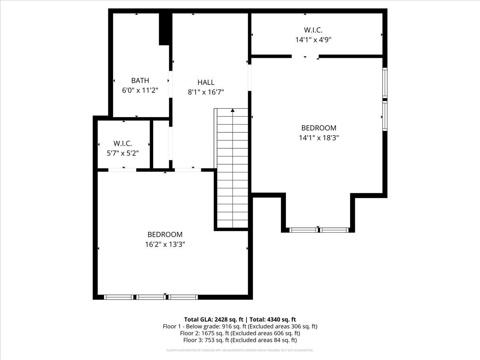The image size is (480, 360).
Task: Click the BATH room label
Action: (140, 81)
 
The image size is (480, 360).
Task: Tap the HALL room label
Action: (206, 82)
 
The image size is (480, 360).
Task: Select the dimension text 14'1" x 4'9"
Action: (313, 40)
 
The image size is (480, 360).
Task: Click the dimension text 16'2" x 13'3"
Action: (165, 244)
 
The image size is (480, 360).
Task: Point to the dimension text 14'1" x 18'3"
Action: (318, 138)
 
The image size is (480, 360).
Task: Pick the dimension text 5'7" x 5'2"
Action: (122, 153)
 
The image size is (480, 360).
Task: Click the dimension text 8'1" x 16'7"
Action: (206, 92)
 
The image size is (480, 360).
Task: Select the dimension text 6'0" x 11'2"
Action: (140, 90)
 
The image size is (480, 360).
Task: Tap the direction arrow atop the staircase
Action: (232, 110)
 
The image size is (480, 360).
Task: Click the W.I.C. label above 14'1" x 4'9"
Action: (313, 30)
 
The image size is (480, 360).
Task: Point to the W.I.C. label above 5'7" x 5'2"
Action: (122, 143)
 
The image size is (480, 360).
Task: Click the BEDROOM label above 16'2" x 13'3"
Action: (165, 234)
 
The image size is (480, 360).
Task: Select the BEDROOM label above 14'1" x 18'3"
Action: (318, 128)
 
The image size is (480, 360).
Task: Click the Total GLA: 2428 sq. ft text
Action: (214, 319)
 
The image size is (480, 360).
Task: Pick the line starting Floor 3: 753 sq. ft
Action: (240, 340)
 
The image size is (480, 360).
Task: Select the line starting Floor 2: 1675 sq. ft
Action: (240, 333)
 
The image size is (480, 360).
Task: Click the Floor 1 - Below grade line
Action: (240, 326)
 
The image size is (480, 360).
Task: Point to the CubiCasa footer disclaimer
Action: (240, 350)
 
